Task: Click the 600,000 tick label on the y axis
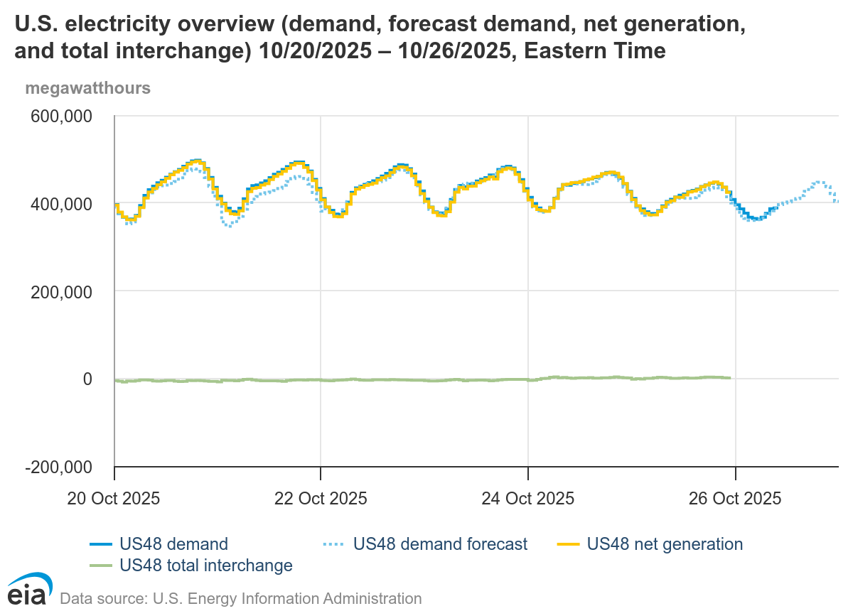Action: pos(62,116)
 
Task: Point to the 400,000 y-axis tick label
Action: pos(62,204)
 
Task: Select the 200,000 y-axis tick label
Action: pos(62,292)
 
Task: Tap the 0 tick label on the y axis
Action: pos(87,379)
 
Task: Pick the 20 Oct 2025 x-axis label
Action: pos(114,498)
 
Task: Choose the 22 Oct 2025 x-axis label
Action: pos(321,498)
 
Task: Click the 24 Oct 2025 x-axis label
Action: pos(527,498)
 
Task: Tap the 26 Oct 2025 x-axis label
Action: pos(734,498)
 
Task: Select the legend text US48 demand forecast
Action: pos(440,544)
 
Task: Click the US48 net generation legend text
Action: pos(665,544)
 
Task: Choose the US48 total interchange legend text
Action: pos(206,566)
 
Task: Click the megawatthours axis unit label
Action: pos(87,89)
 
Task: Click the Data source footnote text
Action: pos(241,598)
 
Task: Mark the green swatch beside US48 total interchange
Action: pos(102,566)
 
